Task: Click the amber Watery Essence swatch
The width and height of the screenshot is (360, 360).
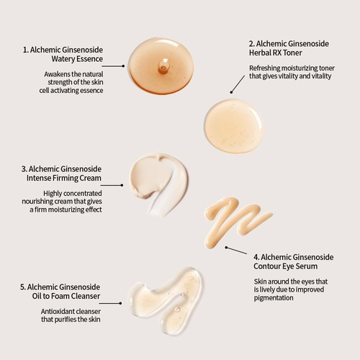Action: pos(161,66)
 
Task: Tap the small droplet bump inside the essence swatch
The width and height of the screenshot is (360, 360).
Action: pos(164,66)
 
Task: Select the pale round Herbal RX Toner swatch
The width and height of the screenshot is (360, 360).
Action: pos(234,126)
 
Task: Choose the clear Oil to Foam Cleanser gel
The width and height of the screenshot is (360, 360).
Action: pos(166,300)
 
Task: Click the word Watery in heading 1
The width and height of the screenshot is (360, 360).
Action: pos(62,59)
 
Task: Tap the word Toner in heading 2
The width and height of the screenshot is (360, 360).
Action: pos(292,53)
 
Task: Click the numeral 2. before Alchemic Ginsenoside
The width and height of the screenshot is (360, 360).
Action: pos(252,44)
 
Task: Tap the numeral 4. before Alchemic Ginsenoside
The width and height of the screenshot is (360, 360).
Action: pos(256,257)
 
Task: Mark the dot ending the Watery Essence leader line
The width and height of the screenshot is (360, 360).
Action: pos(123,66)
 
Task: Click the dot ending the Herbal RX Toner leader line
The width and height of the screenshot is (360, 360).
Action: pos(231,92)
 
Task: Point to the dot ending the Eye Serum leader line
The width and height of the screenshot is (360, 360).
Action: pos(226,248)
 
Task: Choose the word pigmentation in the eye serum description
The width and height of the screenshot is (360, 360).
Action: pos(274,298)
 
